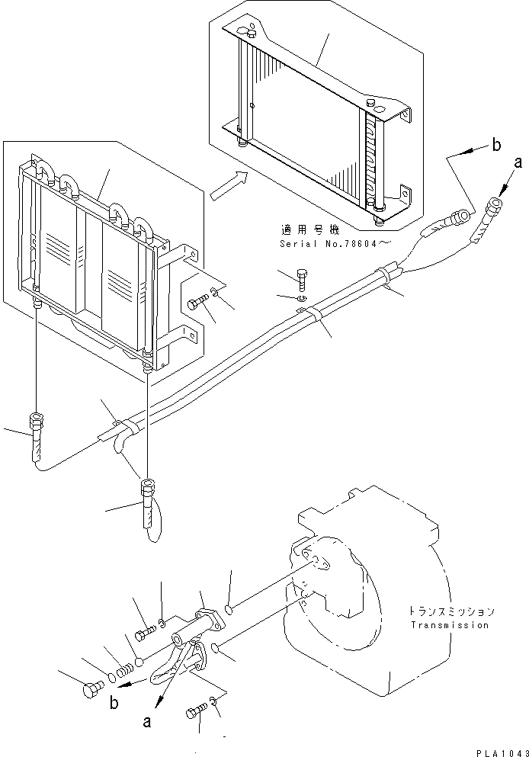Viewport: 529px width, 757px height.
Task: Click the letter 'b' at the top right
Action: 496,145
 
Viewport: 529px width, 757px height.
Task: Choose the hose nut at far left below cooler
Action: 36,422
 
